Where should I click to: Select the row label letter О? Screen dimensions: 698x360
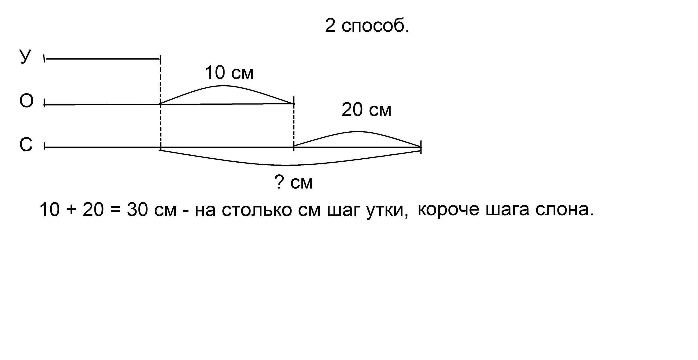point(26,101)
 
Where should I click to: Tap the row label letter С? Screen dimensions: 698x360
point(26,144)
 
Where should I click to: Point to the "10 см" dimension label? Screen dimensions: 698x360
point(229,73)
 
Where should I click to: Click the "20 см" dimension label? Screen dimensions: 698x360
point(366,110)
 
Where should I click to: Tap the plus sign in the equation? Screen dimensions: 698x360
point(71,210)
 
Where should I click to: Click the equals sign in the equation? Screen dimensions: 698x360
point(115,210)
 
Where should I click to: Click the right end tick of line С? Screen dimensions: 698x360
point(421,147)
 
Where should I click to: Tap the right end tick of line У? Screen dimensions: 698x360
point(160,59)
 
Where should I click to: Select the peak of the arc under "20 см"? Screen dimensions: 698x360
point(358,132)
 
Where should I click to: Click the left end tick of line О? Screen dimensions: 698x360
point(44,105)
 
